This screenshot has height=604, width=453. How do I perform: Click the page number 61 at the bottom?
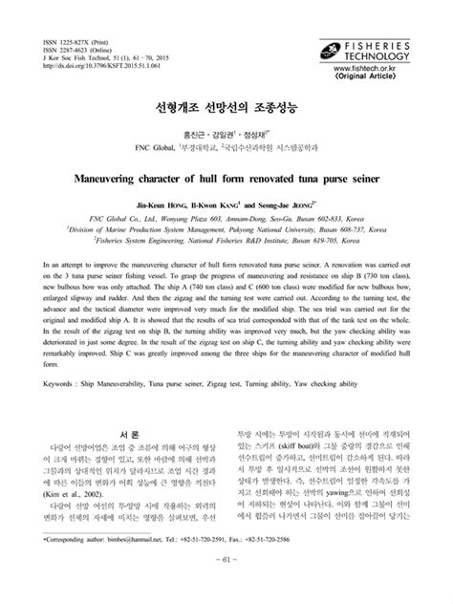pos(226,585)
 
